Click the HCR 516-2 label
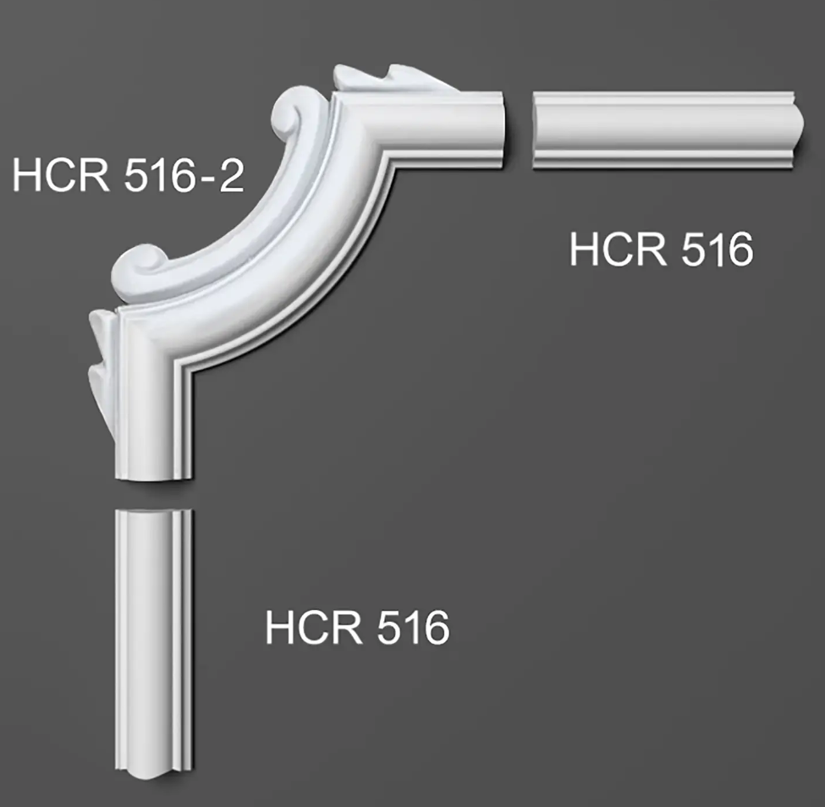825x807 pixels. coord(129,175)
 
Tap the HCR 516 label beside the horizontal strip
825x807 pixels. coord(662,250)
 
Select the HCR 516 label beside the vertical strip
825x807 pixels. coord(357,627)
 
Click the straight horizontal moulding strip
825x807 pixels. coord(668,130)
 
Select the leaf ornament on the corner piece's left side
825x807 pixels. coord(102,368)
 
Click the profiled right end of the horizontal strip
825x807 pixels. coord(796,130)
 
